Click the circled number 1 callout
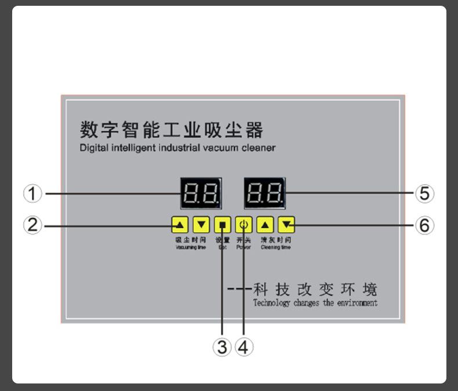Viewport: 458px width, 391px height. pos(32,193)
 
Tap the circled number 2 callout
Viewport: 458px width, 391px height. pos(32,225)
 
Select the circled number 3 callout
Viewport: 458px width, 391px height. pos(222,347)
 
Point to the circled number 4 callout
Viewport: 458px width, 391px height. pos(243,347)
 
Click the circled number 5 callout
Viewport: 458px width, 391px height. pos(424,193)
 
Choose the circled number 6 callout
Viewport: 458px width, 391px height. pos(424,225)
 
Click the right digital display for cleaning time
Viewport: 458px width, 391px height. pos(264,193)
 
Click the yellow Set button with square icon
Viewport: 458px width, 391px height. pos(223,225)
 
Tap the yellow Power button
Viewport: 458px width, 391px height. pos(243,225)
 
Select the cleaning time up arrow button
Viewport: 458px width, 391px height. pos(265,225)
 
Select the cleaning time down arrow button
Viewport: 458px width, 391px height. pos(286,225)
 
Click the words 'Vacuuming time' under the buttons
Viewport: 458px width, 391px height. pos(191,247)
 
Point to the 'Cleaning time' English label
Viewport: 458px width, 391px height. pos(275,247)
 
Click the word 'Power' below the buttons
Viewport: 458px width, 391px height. pos(243,247)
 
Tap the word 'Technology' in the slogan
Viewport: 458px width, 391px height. pos(271,302)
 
